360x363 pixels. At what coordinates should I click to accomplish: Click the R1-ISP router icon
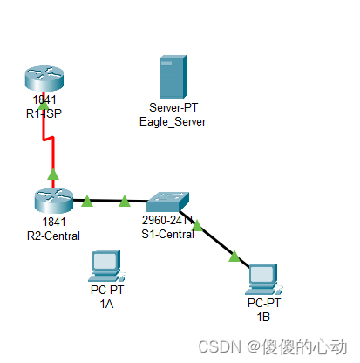point(44,79)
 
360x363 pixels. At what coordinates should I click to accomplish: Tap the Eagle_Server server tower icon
point(172,78)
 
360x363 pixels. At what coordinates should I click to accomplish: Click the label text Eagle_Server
point(173,122)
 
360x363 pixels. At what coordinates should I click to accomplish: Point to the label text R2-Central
point(54,236)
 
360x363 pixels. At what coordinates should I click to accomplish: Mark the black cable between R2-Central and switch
point(105,202)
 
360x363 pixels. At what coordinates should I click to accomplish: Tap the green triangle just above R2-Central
point(53,175)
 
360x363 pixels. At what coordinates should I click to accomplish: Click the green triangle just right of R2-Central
point(86,202)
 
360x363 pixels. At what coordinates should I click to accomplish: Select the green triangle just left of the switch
point(125,202)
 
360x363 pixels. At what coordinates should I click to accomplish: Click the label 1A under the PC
point(106,305)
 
